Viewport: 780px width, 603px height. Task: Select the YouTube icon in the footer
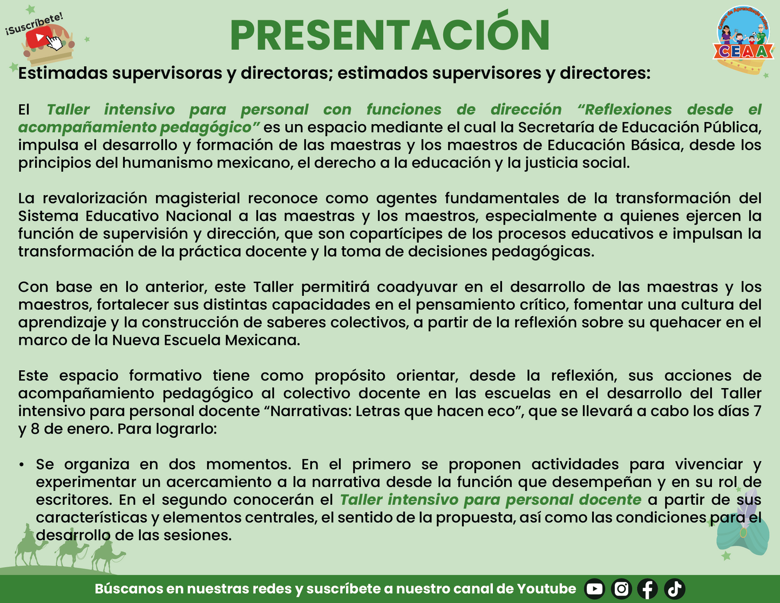595,589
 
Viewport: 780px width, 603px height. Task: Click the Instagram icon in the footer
621,589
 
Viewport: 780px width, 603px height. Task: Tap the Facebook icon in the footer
648,589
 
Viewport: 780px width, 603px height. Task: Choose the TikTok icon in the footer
674,589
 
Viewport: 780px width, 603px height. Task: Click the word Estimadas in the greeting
63,73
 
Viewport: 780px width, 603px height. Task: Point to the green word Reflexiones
624,110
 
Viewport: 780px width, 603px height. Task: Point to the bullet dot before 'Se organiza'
22,465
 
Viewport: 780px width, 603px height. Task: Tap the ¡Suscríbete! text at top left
34,24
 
